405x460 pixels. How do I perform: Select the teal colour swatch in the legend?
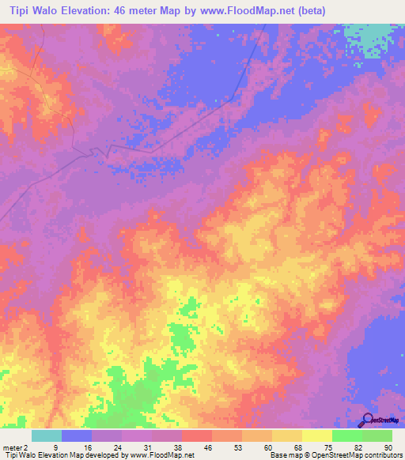pos(46,435)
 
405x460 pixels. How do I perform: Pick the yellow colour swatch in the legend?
pos(316,435)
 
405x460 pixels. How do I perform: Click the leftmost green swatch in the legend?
pos(346,435)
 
